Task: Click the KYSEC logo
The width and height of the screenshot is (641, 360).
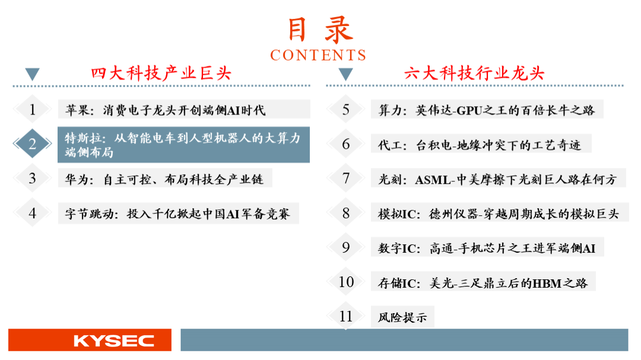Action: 113,341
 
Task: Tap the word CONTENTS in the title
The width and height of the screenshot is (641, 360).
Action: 318,55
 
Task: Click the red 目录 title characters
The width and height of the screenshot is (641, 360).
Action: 320,30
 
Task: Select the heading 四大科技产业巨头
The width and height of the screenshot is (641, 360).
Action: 161,74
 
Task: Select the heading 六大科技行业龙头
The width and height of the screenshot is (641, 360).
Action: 474,74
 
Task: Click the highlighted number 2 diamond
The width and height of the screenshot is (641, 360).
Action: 32,144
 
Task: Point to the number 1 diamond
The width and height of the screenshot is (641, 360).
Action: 32,109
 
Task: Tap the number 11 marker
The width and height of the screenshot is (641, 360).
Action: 346,316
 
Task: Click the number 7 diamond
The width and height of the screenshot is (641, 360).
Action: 346,178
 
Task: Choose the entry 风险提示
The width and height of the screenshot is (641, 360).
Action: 402,317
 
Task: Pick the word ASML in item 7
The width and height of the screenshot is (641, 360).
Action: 433,180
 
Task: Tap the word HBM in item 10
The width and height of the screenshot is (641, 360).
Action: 547,283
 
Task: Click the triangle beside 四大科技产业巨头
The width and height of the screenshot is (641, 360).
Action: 32,74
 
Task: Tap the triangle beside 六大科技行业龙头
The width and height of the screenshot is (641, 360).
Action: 346,74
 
